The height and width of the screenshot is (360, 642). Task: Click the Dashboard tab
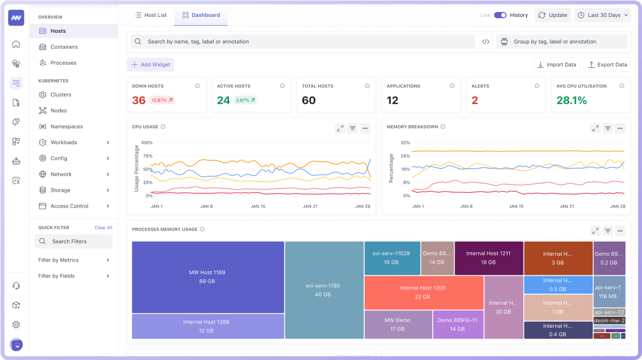click(201, 15)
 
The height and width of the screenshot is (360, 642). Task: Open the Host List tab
click(151, 15)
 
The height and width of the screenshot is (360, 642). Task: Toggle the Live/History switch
click(500, 15)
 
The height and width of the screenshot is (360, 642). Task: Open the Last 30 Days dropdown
click(603, 15)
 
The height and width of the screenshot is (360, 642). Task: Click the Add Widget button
click(151, 64)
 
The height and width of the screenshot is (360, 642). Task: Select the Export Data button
click(607, 64)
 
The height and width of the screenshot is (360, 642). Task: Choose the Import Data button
click(556, 64)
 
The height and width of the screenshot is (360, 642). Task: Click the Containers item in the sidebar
click(64, 47)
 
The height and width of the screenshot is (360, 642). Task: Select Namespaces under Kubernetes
click(67, 126)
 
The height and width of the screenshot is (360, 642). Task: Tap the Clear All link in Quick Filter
click(103, 227)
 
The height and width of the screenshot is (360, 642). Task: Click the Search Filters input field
click(74, 241)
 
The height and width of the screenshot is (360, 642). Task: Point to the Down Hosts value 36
click(139, 101)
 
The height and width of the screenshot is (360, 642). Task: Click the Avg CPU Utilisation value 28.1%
click(572, 101)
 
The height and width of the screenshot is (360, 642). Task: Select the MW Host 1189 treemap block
click(208, 277)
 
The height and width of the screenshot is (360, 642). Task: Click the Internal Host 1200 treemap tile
click(422, 292)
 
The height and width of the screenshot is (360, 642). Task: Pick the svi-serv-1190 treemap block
click(323, 290)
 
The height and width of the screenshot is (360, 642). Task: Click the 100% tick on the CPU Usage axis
click(146, 143)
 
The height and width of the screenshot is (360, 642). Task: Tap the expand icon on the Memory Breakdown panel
click(595, 128)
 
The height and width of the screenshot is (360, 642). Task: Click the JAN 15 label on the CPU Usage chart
click(258, 206)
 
